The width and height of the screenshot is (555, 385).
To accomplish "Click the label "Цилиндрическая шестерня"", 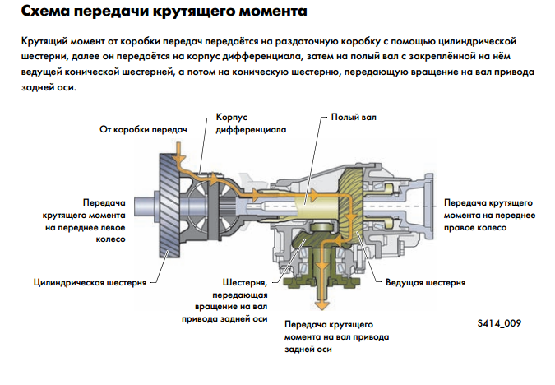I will (x=90, y=282).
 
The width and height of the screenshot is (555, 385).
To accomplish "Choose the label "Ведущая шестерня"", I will (x=425, y=282).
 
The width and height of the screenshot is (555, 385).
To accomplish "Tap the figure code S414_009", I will (x=499, y=323).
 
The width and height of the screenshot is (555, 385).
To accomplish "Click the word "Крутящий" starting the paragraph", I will (x=45, y=39).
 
